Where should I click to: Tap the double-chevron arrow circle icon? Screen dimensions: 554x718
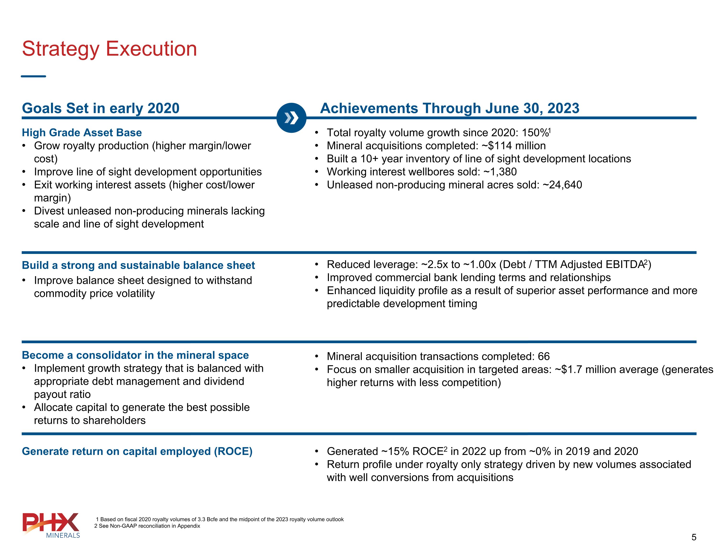coord(291,118)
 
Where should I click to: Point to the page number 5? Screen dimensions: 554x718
coord(694,537)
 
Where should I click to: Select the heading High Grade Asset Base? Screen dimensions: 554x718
coord(82,133)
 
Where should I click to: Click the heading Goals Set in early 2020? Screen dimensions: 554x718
coord(101,108)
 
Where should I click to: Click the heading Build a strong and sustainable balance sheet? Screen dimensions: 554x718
coord(138,265)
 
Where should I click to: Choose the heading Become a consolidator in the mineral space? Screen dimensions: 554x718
coord(135,355)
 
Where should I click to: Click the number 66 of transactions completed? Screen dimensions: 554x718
coord(544,356)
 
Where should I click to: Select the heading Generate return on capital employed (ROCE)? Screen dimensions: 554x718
coord(137,451)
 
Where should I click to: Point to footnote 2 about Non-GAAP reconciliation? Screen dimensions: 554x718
coord(147,526)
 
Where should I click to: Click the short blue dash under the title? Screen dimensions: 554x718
coord(34,76)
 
